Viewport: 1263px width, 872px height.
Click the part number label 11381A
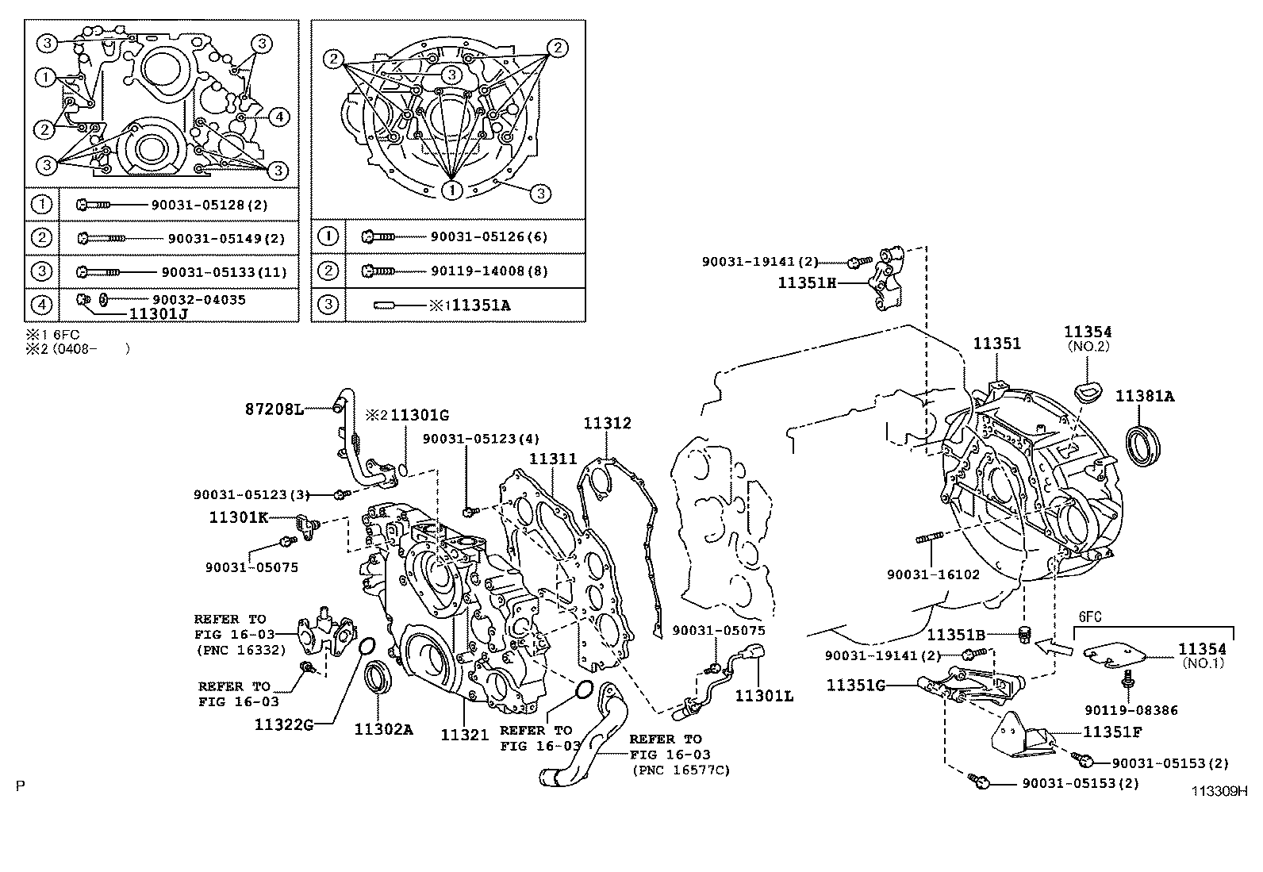[1145, 397]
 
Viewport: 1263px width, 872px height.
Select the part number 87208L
[274, 409]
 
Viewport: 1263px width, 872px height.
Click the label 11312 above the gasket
[607, 423]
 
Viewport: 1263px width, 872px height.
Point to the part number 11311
[552, 459]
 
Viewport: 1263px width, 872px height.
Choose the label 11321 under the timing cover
[465, 735]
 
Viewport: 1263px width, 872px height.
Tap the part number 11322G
[283, 724]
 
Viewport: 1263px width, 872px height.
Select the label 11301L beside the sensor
[764, 697]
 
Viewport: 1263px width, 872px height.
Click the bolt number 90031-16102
[933, 574]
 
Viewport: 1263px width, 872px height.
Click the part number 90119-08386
[1131, 710]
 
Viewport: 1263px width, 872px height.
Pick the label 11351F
[1112, 732]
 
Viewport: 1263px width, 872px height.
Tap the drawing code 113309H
[1219, 791]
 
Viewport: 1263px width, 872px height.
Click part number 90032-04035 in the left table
[199, 299]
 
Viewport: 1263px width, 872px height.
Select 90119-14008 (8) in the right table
[489, 271]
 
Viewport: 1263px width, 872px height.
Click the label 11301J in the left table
[159, 314]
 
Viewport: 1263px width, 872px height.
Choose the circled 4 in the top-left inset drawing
[279, 117]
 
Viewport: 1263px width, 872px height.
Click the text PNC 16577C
[681, 770]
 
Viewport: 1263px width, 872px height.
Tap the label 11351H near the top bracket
[807, 283]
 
